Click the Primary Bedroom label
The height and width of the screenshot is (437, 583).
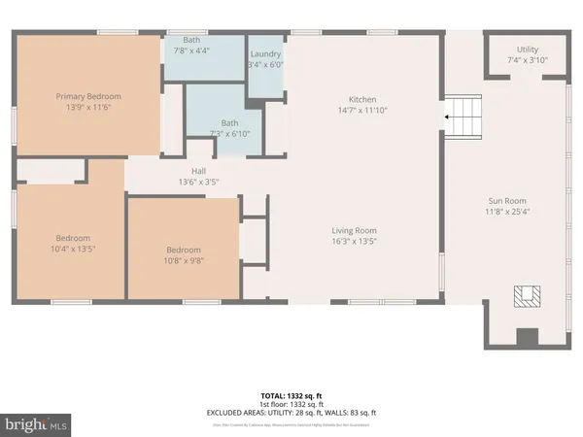[x=87, y=96]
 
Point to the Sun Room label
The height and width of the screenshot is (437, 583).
[x=506, y=201]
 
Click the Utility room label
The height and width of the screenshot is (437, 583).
[x=527, y=50]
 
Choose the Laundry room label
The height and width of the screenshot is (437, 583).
[x=265, y=53]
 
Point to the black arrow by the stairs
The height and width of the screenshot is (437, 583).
[x=446, y=118]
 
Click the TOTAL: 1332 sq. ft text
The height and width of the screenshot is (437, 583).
[x=291, y=396]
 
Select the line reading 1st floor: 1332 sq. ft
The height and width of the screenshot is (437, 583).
[x=291, y=405]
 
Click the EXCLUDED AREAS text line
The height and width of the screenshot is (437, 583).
[x=291, y=414]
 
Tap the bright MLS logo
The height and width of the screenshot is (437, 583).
[x=37, y=424]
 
